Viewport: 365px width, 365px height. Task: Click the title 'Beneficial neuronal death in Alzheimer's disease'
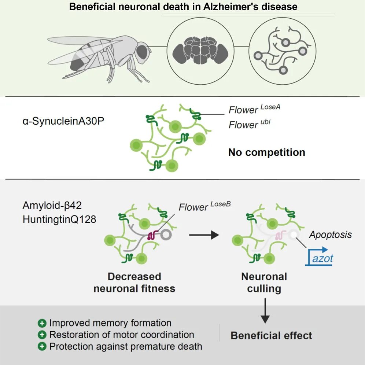[x=183, y=7]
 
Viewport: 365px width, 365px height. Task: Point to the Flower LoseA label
[x=254, y=109]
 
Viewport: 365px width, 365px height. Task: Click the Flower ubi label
[x=249, y=124]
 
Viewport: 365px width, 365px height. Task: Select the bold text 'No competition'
[x=266, y=152]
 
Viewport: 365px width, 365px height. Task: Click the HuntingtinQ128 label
[x=59, y=219]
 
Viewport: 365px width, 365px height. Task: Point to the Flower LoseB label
[x=204, y=207]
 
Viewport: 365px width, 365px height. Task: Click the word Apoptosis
[x=330, y=235]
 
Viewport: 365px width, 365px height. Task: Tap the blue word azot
[x=322, y=258]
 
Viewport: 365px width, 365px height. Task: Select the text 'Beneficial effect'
[x=271, y=335]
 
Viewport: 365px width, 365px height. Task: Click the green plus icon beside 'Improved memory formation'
[x=43, y=323]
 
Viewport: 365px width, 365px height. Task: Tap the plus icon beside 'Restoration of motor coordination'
[x=43, y=335]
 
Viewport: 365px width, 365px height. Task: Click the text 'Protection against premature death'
[x=126, y=346]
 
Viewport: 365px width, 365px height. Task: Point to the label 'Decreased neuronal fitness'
[x=134, y=282]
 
